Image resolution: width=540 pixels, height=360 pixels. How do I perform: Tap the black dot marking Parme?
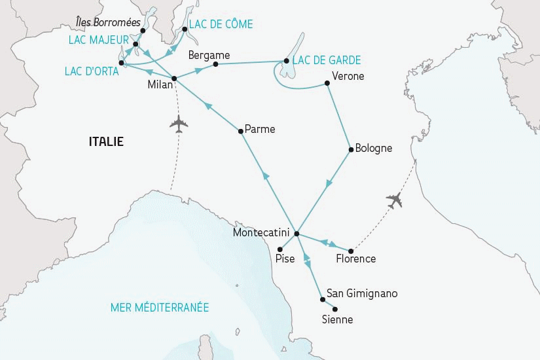point(241,132)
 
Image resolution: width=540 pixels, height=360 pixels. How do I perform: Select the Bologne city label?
point(373,148)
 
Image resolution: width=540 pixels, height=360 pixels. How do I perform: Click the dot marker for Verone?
point(326,83)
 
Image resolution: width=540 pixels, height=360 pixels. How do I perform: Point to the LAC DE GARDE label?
point(327,60)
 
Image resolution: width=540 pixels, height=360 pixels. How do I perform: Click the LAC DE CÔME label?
point(221,24)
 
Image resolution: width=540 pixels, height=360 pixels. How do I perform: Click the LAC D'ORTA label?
point(92,71)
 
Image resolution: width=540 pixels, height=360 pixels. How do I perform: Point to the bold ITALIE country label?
point(106,141)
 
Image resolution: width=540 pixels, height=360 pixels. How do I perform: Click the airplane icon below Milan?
point(177,124)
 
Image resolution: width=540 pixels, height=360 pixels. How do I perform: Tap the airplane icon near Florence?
point(393,201)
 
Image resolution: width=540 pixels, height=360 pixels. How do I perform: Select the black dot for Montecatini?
point(297,234)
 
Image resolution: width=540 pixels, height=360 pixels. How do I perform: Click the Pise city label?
point(285,259)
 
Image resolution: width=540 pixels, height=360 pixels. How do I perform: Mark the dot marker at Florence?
point(351,251)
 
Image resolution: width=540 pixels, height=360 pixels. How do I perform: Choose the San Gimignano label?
point(362,293)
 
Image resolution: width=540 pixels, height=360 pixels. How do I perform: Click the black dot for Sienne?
point(335,309)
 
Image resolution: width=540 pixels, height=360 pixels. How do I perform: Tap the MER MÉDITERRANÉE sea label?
point(160,307)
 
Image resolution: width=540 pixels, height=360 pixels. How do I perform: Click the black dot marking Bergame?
point(215,64)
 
